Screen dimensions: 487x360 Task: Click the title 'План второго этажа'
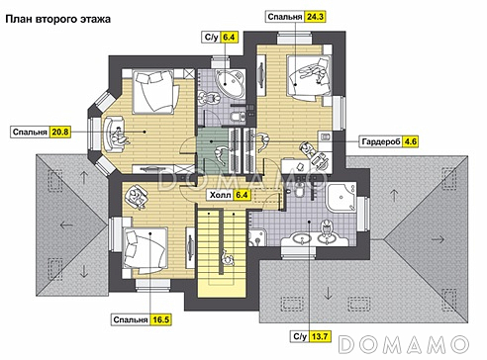(x=58, y=19)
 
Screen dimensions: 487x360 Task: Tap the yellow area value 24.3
(x=315, y=17)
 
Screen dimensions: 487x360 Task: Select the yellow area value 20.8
(x=60, y=132)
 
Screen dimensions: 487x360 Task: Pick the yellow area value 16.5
(x=160, y=319)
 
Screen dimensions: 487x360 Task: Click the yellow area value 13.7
(x=320, y=336)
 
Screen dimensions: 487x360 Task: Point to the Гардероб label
(x=381, y=141)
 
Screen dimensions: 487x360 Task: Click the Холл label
(x=221, y=195)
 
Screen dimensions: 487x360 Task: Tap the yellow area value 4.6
(x=411, y=141)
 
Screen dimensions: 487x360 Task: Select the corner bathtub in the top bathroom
(x=230, y=81)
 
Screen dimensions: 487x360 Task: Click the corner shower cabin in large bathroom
(x=341, y=197)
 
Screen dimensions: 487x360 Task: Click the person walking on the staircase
(x=227, y=258)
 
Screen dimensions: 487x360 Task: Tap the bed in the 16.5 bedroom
(x=145, y=249)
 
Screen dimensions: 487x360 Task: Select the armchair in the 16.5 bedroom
(x=137, y=197)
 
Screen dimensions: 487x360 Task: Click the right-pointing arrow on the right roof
(x=438, y=239)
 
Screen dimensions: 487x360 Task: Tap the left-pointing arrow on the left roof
(x=66, y=225)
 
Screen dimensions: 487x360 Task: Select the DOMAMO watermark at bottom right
(x=404, y=344)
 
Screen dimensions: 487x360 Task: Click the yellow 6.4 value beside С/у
(x=229, y=37)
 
